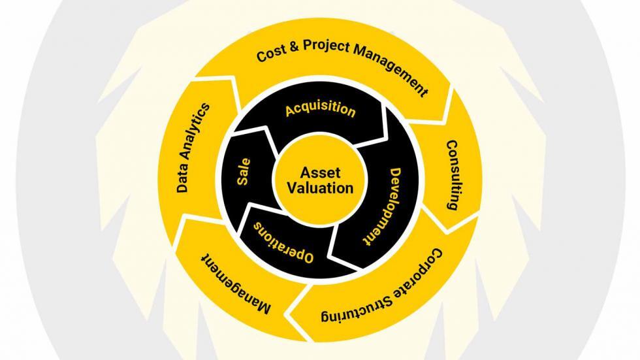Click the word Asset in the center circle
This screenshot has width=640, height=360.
[321, 172]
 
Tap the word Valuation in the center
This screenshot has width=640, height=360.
[321, 188]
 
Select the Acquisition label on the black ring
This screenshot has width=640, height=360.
[321, 109]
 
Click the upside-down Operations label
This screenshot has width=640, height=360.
[284, 243]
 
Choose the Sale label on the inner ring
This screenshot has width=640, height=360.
[243, 172]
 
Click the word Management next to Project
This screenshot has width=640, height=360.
[391, 70]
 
